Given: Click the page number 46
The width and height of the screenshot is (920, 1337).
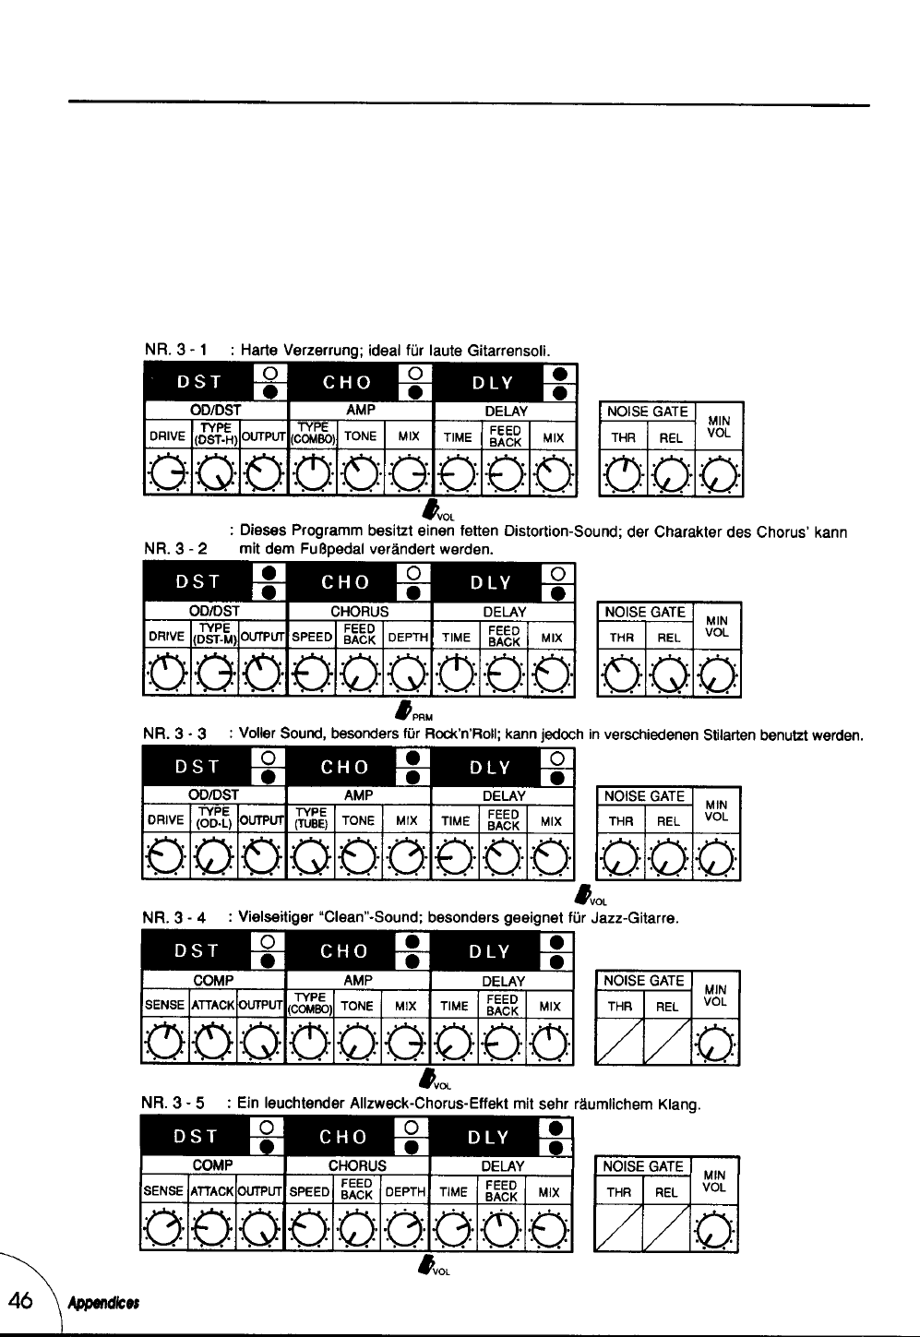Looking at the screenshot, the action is tap(20, 1301).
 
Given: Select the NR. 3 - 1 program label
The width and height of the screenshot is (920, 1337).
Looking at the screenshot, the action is tap(175, 351).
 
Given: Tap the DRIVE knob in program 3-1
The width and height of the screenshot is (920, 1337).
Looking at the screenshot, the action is tap(167, 474).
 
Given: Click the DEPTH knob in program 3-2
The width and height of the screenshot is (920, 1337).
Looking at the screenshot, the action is tap(406, 675).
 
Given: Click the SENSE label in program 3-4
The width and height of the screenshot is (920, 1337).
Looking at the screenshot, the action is tap(165, 1006).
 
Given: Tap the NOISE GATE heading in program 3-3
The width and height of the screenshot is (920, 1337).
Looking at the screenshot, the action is tap(645, 796).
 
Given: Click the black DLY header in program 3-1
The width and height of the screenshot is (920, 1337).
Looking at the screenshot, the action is tap(491, 383).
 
